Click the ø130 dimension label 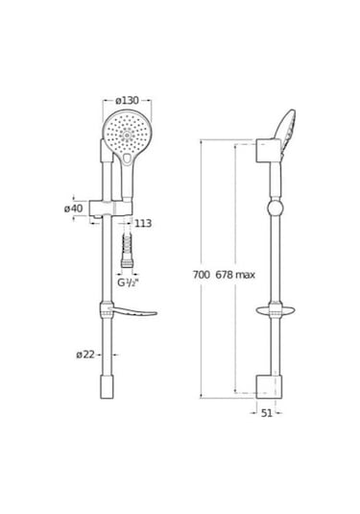point(127,100)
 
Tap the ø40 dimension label point(74,208)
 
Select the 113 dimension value point(143,224)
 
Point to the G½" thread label point(127,282)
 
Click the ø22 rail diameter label point(85,355)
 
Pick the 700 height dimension point(202,275)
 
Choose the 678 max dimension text point(235,275)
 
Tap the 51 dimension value point(267,413)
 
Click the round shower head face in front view point(127,135)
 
